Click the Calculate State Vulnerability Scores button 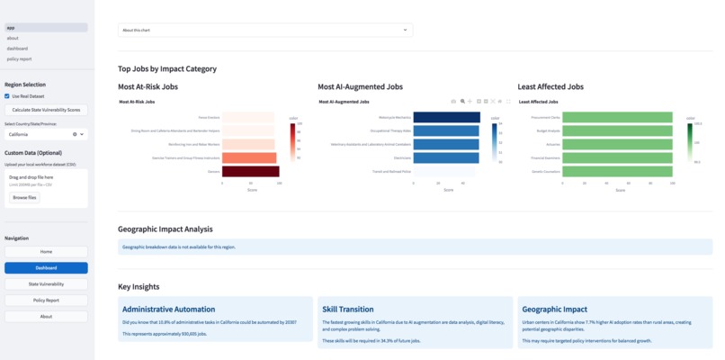click(x=46, y=110)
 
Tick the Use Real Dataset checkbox click(x=7, y=95)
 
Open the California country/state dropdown click(x=46, y=134)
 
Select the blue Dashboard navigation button click(x=46, y=268)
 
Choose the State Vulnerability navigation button click(x=46, y=284)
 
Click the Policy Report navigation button click(x=46, y=301)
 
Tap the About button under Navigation click(x=46, y=317)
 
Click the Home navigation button click(x=46, y=252)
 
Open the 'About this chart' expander click(x=264, y=30)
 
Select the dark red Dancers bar click(x=251, y=171)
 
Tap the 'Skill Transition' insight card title click(x=348, y=309)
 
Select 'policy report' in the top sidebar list click(x=19, y=58)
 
